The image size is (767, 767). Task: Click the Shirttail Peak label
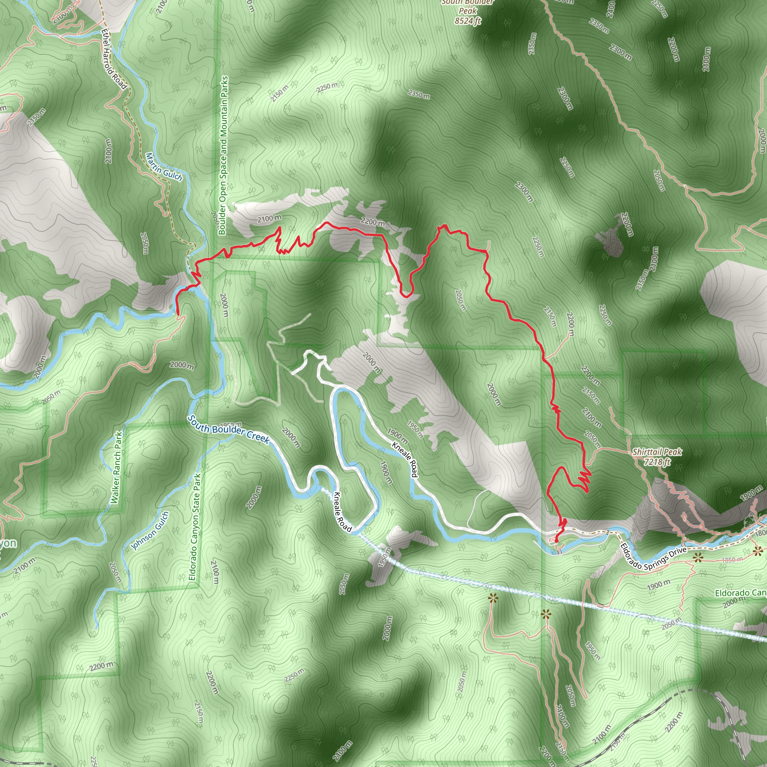tap(657, 452)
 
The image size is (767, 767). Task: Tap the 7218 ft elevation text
tap(657, 461)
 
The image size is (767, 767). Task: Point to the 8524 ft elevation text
tap(468, 21)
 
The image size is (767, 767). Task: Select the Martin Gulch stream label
tap(164, 167)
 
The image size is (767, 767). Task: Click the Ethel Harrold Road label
tap(113, 59)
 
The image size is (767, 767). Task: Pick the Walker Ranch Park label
tap(117, 468)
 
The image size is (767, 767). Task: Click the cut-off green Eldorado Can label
tap(740, 593)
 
